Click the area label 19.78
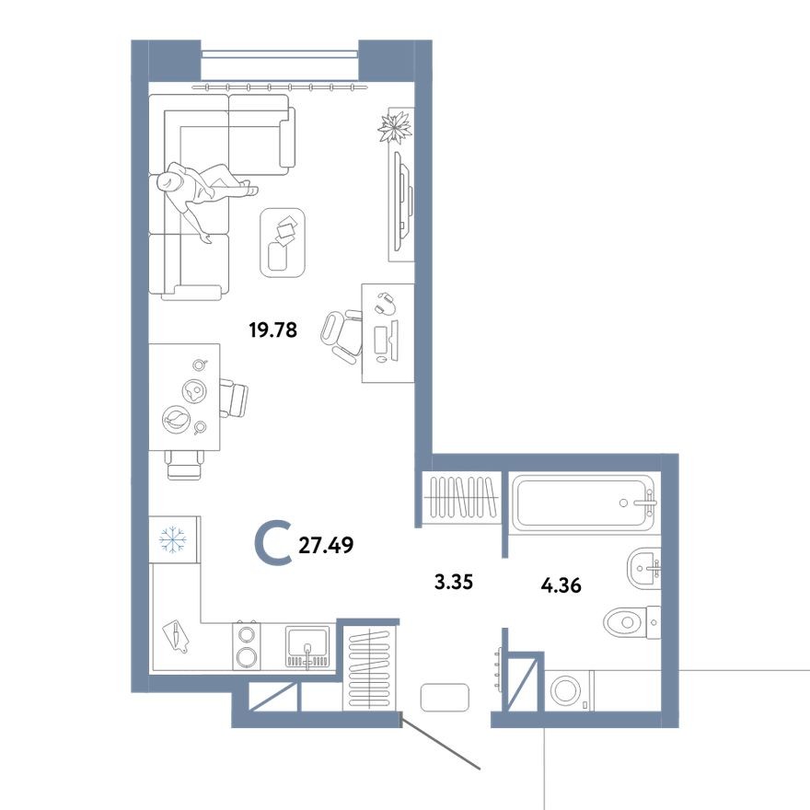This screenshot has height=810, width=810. (273, 330)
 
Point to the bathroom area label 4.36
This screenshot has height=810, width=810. (561, 584)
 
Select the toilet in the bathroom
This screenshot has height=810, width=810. (631, 622)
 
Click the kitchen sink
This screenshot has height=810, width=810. (308, 644)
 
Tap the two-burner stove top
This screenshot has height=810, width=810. (246, 644)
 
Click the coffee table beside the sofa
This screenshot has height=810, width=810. (284, 241)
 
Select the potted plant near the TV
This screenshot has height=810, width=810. (396, 126)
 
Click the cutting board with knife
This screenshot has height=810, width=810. (175, 634)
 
